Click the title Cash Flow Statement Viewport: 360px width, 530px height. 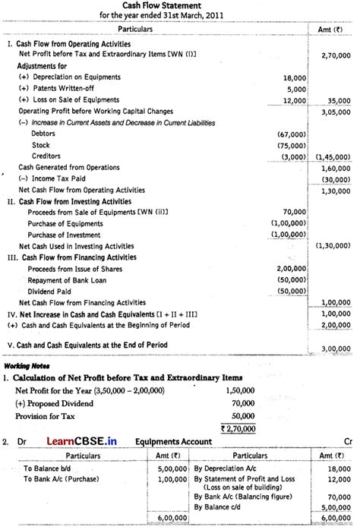click(179, 5)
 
